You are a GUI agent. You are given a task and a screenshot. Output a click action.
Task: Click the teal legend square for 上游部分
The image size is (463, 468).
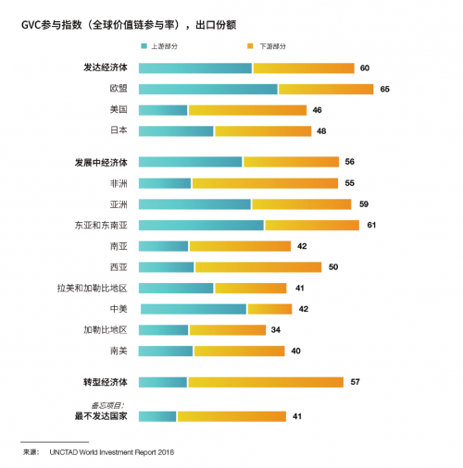[144, 46]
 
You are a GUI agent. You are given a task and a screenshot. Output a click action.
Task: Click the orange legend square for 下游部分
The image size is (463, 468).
[250, 46]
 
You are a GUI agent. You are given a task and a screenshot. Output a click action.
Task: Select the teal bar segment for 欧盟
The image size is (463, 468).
[208, 89]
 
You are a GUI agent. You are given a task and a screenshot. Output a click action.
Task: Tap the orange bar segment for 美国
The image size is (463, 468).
[247, 110]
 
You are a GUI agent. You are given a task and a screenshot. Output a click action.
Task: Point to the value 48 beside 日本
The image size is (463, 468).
[321, 131]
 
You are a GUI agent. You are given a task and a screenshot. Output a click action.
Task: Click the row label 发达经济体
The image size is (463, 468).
[106, 68]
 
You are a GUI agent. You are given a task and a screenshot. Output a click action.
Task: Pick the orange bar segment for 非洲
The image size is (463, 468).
[265, 183]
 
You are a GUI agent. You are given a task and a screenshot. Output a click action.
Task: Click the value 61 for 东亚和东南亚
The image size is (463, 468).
[371, 225]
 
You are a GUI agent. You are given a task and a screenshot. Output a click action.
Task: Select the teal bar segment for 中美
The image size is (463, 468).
[194, 309]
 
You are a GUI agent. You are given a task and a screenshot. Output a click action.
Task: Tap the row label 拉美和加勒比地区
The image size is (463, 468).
[92, 289]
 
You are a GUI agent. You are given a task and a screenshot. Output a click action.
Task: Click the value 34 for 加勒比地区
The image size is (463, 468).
[276, 330]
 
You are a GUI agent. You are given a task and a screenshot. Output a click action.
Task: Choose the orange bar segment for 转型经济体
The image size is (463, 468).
[266, 382]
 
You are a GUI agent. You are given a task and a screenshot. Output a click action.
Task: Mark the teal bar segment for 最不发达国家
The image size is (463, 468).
[157, 416]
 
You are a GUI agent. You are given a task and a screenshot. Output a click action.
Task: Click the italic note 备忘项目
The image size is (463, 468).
[107, 405]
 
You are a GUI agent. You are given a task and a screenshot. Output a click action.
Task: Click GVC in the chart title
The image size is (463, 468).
[31, 25]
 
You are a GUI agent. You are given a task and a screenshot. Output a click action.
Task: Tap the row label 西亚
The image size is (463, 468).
[119, 267]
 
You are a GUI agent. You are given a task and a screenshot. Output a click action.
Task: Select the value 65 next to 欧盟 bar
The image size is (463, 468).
[384, 89]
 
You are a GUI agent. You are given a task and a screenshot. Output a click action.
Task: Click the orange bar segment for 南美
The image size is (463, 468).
[239, 351]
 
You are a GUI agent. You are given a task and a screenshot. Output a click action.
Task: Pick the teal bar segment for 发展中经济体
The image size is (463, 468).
[191, 162]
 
